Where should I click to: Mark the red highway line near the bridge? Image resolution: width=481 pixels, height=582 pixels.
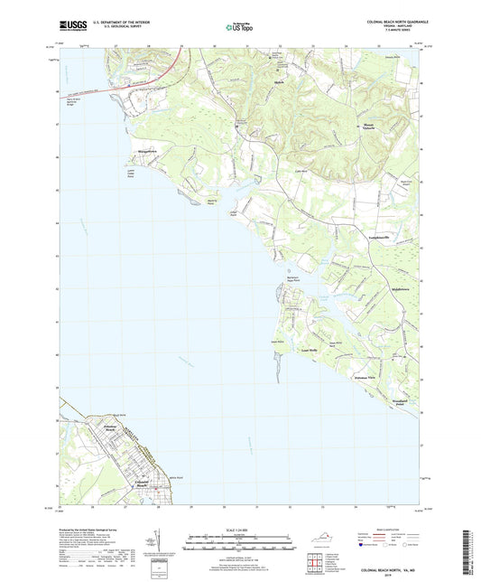pyautogui.click(x=135, y=87)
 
